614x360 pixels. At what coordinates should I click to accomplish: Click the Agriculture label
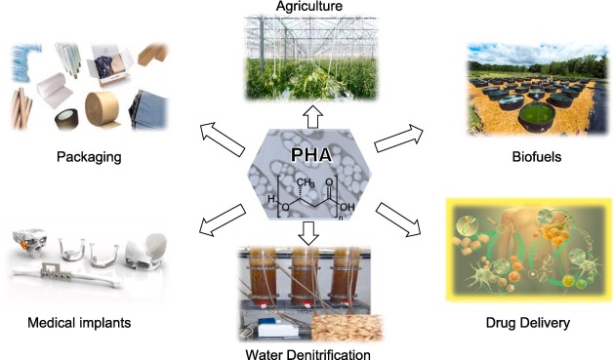tap(307, 7)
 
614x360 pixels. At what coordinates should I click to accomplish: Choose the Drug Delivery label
tap(528, 321)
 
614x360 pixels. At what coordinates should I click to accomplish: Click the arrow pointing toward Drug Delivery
tap(399, 220)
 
